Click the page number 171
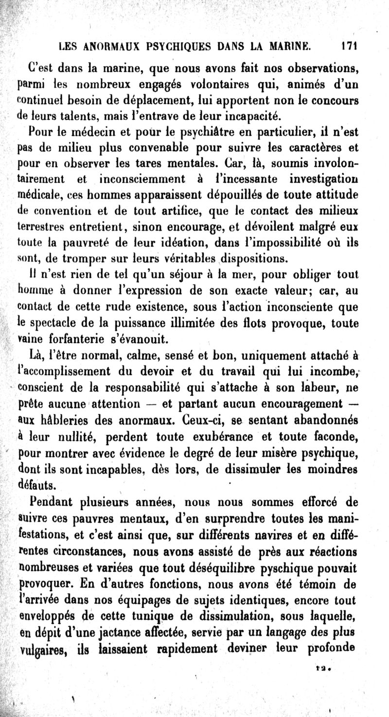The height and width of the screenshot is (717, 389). [x=349, y=47]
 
